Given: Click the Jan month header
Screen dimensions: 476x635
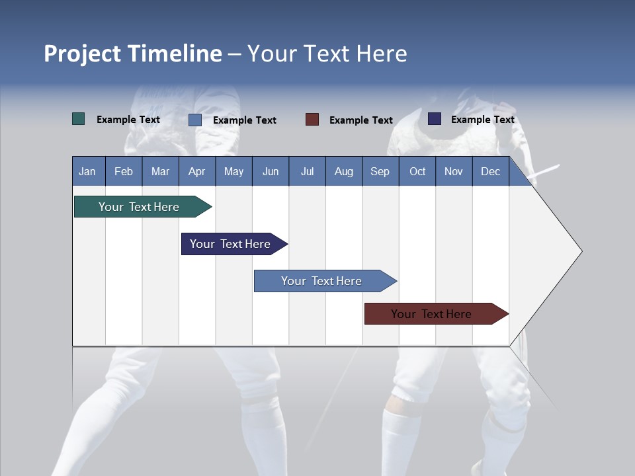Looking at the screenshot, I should pos(88,171).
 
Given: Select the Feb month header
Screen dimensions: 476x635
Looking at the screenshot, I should pos(124,171).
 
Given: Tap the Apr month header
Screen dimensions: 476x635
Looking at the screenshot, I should pos(197,171).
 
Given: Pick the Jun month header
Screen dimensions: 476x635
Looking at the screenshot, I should pos(271,171).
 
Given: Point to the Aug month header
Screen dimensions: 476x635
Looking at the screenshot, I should pos(344,171).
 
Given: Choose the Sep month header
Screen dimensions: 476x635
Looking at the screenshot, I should pos(380,171).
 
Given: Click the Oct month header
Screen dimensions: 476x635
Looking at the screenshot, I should pos(417,171).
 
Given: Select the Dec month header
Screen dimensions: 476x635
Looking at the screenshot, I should pos(491,171).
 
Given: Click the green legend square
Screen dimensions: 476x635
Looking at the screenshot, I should pos(79,119).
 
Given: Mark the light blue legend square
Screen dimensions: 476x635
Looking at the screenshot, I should pos(195,120).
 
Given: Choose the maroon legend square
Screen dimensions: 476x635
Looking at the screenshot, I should pos(312,120).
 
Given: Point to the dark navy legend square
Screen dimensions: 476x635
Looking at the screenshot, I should pos(435,119).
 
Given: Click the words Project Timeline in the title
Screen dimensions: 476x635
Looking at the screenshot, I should pos(133,54).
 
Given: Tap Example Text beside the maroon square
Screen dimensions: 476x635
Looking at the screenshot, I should pos(361,120).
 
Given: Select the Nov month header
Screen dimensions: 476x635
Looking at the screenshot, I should pos(454,171).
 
